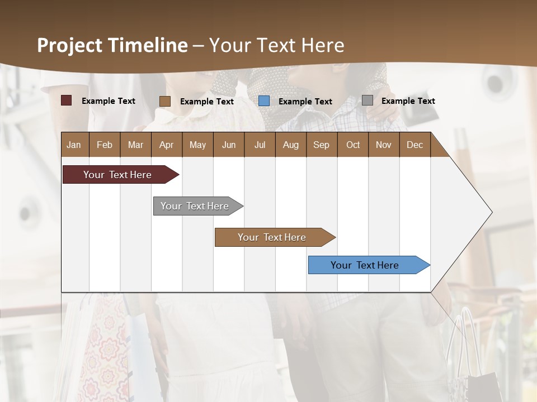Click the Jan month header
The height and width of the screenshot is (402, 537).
point(74,145)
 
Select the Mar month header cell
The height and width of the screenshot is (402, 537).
point(135,145)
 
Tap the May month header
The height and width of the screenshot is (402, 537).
point(197,145)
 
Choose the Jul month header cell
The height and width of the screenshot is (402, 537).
point(260,145)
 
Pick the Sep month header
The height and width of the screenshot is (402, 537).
point(321,145)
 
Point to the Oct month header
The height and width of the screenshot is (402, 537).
point(353,145)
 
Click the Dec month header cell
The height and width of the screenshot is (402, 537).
point(414,145)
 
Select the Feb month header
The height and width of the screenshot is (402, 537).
point(105,145)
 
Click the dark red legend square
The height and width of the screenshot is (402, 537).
point(66,100)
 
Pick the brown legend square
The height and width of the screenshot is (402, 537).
point(165,101)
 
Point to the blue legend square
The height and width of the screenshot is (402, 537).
point(264,101)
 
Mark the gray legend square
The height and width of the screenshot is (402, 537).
point(368,100)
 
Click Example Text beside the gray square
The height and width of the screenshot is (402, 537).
point(408,101)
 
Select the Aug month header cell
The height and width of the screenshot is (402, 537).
point(290,145)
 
